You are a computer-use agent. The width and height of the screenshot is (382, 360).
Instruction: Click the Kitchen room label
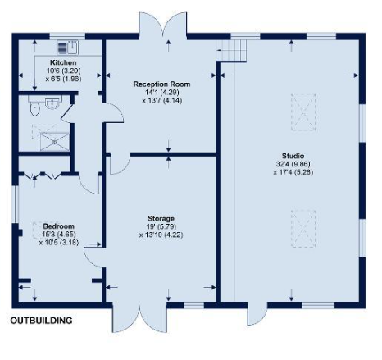pos(63,62)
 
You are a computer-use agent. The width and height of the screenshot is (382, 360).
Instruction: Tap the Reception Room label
pos(161,84)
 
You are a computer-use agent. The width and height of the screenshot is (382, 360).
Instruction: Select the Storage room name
pos(161,218)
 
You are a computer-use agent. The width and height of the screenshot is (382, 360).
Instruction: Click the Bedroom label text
pos(59,226)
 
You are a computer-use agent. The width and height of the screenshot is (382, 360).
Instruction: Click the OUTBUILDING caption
pos(42,321)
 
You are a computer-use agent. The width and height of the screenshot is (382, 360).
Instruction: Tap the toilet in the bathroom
pos(34,106)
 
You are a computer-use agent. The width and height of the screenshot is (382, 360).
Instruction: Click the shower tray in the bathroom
pos(54,142)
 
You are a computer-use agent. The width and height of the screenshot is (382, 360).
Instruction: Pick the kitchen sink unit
pos(68,48)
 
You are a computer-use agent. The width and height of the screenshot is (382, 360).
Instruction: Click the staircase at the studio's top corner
pos(231,50)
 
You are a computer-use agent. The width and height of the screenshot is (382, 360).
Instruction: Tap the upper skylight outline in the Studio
pos(303,112)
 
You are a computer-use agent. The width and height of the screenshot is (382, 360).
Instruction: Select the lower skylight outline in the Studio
pos(303,229)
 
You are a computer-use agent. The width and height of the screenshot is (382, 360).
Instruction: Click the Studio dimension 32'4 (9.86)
pos(293,164)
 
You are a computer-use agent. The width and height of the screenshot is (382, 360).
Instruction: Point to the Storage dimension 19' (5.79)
pos(161,226)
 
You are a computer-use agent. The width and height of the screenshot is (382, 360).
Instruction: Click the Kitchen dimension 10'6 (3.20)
pos(63,71)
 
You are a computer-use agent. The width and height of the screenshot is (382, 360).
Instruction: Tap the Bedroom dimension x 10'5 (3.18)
pos(59,243)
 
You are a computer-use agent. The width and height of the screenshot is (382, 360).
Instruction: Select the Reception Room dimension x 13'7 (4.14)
pos(161,101)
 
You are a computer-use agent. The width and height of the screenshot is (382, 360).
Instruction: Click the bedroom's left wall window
pos(15,204)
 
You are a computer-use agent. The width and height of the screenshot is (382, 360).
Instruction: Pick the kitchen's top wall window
pos(67,36)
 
